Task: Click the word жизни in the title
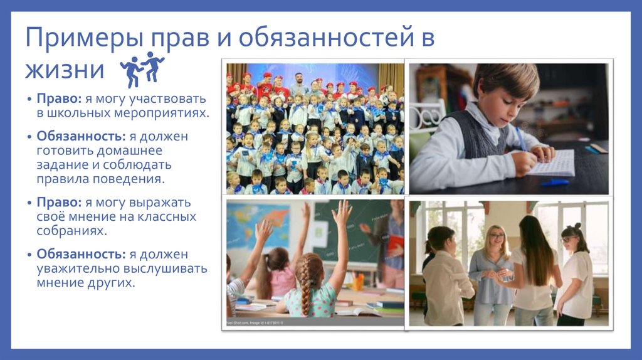65,69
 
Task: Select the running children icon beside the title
141,69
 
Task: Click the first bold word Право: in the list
58,99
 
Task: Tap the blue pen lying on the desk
554,183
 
